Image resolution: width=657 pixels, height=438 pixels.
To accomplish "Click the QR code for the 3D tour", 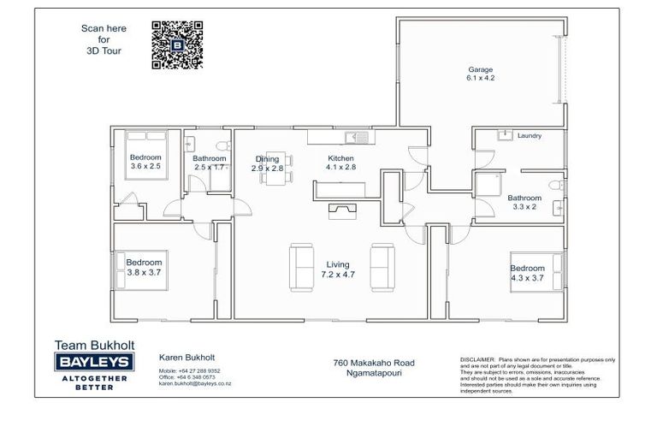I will pos(177,44).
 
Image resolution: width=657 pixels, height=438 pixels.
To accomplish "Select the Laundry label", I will pos(530,136).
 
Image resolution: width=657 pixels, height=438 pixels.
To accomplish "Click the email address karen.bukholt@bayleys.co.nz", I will pos(195,384).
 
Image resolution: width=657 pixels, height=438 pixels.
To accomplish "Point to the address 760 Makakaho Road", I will pos(369,363).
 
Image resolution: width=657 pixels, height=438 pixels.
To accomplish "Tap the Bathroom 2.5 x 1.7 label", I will pos(210,163).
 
